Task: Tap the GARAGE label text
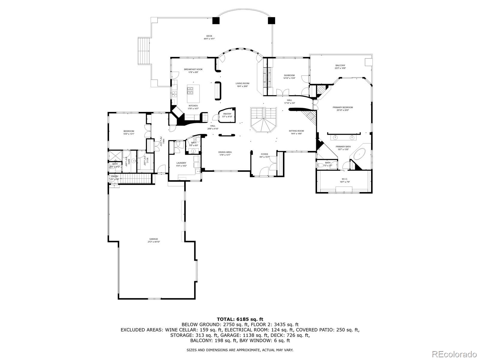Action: [154, 239]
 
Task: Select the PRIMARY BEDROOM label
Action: [343, 107]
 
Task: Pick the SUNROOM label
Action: [289, 75]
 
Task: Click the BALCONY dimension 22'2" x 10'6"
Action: [340, 68]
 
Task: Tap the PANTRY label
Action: [227, 114]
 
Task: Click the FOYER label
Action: [264, 154]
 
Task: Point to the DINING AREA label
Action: [225, 152]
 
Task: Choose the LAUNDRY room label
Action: [181, 163]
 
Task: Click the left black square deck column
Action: [216, 20]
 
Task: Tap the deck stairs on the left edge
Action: [144, 51]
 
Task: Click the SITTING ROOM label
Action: [296, 131]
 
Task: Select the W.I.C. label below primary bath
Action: [344, 179]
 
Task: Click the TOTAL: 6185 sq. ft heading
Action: [240, 319]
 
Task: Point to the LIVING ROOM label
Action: [242, 83]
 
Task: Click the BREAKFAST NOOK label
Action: [193, 69]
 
